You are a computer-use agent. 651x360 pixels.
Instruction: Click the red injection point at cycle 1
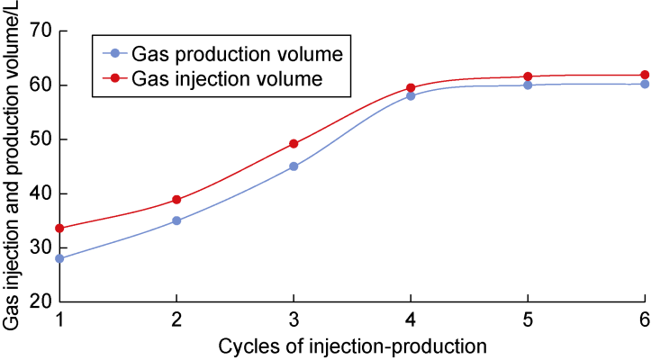pos(59,229)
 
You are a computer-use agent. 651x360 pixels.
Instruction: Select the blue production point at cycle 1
pos(59,258)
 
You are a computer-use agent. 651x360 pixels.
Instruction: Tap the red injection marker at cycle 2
pos(176,200)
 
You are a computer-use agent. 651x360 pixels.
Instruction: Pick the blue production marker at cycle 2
pos(176,220)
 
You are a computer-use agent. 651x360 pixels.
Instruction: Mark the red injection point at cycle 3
pos(294,144)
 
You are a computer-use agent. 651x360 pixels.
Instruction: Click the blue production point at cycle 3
pos(294,166)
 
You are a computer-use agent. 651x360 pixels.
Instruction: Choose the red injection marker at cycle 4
pos(411,88)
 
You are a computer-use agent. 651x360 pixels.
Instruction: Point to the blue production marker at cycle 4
pos(411,95)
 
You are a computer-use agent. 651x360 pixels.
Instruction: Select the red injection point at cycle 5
pos(528,76)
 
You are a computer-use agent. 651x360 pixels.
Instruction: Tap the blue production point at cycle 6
pos(645,84)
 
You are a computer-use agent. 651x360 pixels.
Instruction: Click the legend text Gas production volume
pos(237,55)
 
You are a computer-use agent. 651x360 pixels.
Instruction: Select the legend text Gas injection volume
pos(227,78)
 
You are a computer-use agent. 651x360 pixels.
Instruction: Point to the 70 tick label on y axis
pos(41,31)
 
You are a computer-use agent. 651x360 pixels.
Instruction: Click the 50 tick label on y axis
pos(41,139)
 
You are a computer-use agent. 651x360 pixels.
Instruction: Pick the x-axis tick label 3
pos(294,321)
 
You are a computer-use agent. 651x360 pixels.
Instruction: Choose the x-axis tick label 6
pos(645,321)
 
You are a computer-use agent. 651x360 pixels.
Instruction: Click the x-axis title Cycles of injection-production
pos(352,346)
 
